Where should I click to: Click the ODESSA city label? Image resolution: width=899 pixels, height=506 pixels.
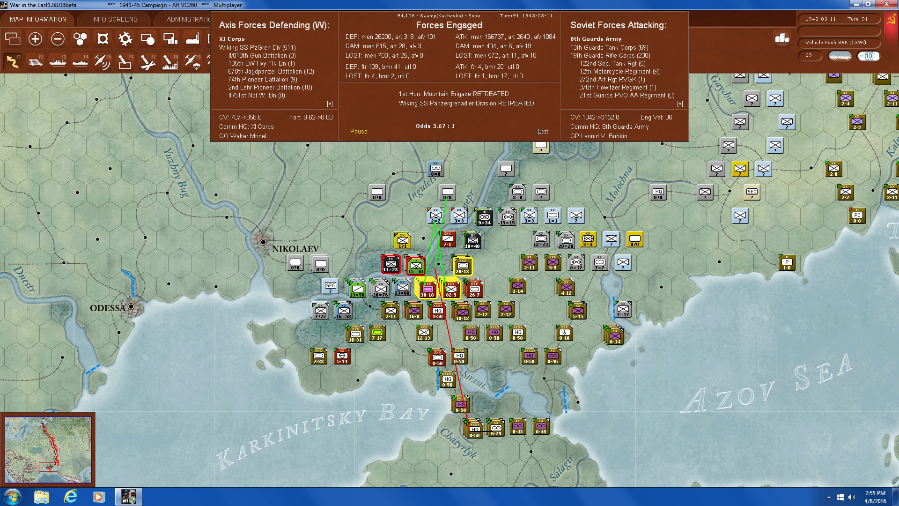(x=108, y=308)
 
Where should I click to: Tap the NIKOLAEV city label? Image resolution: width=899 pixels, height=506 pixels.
(x=295, y=249)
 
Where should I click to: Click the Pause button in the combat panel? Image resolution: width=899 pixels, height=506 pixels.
(x=359, y=131)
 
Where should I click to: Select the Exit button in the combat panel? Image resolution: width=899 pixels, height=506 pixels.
(x=543, y=131)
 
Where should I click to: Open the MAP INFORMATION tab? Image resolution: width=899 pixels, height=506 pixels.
(x=38, y=19)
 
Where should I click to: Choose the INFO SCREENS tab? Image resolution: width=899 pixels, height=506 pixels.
(x=115, y=19)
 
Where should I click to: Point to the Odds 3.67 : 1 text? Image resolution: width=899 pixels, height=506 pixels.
(x=435, y=126)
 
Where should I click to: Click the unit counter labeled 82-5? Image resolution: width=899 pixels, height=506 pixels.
(x=451, y=289)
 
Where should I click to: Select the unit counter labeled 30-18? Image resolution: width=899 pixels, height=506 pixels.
(x=427, y=289)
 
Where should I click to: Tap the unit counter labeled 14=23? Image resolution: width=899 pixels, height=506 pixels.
(x=391, y=264)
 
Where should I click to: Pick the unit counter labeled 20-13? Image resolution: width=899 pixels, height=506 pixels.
(x=463, y=266)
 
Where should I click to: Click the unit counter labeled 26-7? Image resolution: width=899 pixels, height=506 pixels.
(x=474, y=290)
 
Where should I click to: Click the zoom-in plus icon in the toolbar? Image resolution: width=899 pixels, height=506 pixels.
(x=35, y=39)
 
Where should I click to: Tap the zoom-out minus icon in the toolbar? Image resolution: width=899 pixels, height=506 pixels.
(x=58, y=39)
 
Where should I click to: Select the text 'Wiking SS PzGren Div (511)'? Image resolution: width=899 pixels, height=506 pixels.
(x=257, y=47)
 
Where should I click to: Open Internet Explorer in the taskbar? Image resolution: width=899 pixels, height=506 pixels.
(x=70, y=496)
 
